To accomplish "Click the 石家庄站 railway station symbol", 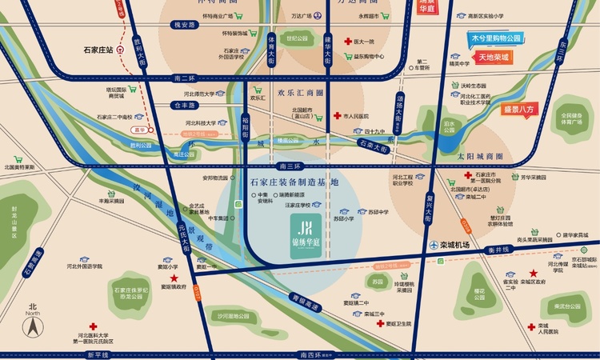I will (120, 48).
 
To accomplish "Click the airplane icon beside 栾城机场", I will (433, 245).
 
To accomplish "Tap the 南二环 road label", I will (184, 78).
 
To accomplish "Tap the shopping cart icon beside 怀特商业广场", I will (241, 15).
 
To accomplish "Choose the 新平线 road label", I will (98, 354).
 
